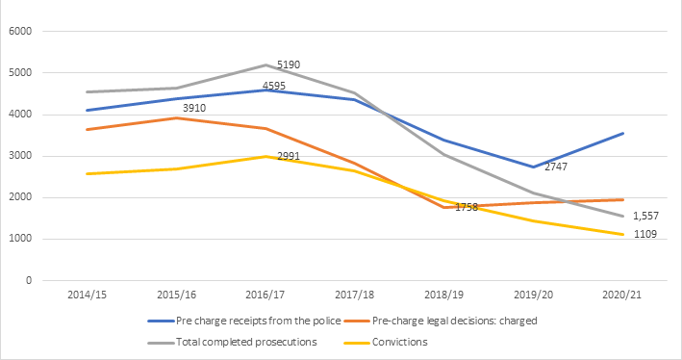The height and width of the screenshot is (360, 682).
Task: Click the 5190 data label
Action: (x=290, y=64)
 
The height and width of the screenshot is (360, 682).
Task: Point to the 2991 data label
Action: (x=290, y=156)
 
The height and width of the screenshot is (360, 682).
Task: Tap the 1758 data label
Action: (x=467, y=207)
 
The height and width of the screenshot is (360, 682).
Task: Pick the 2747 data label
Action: (x=557, y=167)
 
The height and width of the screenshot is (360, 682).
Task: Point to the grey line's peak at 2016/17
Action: (x=264, y=65)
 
